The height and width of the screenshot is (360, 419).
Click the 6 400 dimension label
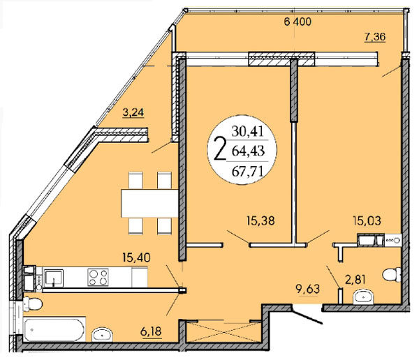tap(297, 22)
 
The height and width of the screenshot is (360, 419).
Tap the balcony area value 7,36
tap(375, 36)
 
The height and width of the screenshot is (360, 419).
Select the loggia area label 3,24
tap(133, 112)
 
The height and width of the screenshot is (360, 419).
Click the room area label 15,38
tap(260, 221)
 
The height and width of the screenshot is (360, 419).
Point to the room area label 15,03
tap(367, 221)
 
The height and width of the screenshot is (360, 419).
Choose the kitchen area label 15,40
tap(136, 257)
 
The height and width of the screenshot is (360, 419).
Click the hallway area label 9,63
tap(307, 289)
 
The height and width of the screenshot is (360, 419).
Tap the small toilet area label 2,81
tap(355, 280)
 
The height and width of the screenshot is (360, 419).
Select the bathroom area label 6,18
tap(151, 331)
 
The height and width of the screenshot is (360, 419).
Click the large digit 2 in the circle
tap(220, 148)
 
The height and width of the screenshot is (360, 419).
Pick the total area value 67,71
tap(248, 172)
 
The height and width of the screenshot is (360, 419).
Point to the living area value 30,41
tap(248, 131)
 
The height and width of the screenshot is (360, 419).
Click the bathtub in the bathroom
tap(54, 329)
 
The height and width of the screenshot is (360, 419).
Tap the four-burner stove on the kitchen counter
tap(98, 277)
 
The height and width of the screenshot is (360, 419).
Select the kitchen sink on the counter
tap(54, 278)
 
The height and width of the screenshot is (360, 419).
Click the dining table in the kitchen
tap(149, 203)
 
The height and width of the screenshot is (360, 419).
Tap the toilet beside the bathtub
tap(33, 304)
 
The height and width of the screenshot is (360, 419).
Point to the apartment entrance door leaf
tap(307, 316)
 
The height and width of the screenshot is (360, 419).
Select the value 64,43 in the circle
tap(248, 151)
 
